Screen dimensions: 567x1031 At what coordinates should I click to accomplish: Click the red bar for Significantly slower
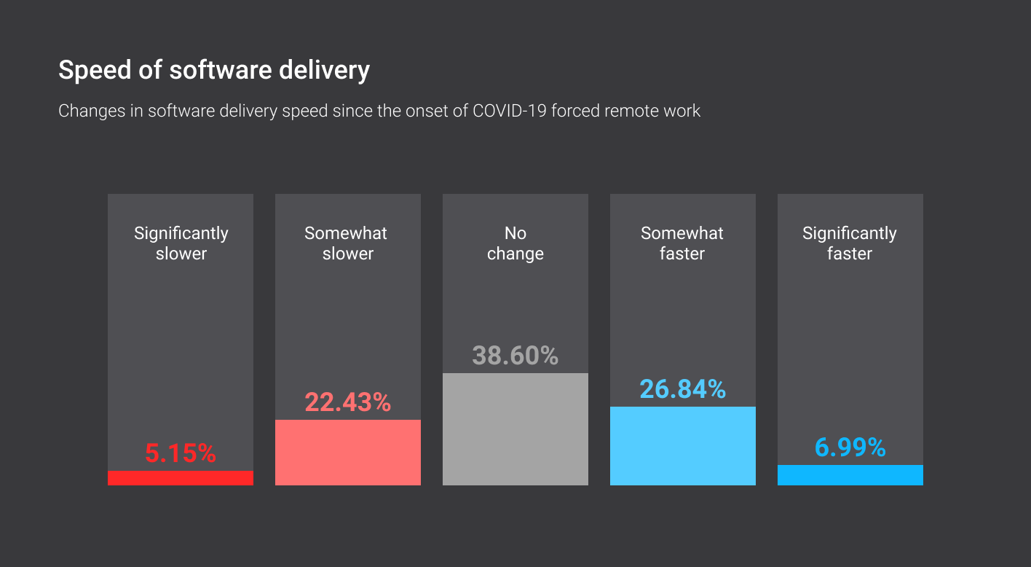(x=181, y=478)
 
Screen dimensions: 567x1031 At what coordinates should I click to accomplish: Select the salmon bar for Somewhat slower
(x=348, y=453)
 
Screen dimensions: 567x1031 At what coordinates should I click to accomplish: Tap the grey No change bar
(x=515, y=429)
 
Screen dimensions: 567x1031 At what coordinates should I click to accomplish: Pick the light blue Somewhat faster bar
(x=683, y=446)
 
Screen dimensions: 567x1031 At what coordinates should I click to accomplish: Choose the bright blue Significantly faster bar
(x=850, y=475)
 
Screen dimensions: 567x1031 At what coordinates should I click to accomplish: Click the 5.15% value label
(x=181, y=454)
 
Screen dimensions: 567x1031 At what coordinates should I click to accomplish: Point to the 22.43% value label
(x=348, y=402)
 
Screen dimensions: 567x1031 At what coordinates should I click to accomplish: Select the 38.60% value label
(x=515, y=356)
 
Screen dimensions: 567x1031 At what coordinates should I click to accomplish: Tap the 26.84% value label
(x=683, y=389)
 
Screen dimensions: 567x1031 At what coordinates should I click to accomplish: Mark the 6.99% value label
(x=850, y=447)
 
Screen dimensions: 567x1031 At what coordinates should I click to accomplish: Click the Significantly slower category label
(x=181, y=243)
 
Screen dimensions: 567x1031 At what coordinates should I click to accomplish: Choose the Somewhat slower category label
(x=347, y=243)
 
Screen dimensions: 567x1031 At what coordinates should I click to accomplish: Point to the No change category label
(x=515, y=243)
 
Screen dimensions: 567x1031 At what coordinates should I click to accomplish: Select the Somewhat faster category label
(x=682, y=243)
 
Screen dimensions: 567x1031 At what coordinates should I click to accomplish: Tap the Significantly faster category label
(x=850, y=243)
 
